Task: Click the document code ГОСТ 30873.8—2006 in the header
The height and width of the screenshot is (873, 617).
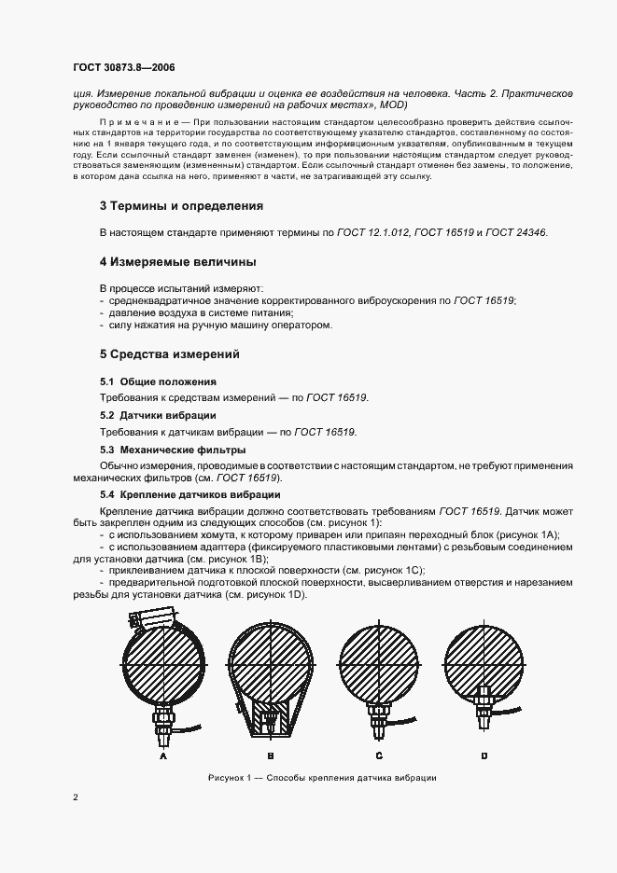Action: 123,68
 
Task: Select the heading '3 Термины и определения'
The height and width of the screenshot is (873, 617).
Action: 181,205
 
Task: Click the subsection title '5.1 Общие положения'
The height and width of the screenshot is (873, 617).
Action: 158,381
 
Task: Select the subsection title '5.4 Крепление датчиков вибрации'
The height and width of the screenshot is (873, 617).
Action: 189,494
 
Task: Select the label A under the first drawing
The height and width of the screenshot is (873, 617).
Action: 163,756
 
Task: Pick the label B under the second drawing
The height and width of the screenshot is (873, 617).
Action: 270,756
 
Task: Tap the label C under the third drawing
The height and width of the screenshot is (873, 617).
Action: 379,756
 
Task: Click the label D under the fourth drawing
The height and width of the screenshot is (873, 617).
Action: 484,756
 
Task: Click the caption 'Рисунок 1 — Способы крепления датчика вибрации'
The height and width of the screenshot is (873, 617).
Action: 322,778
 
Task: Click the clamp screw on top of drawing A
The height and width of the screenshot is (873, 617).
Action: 163,619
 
